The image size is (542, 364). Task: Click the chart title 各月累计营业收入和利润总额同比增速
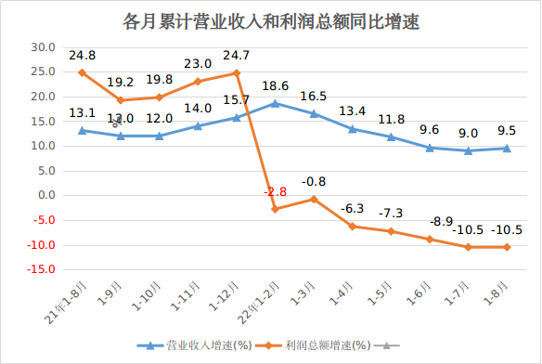(271, 21)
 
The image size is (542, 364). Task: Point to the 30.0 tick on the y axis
(43, 46)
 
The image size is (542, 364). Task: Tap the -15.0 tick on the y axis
(41, 270)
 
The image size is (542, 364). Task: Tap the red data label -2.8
(276, 191)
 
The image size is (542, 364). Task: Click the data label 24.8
(82, 55)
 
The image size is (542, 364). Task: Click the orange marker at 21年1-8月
(82, 72)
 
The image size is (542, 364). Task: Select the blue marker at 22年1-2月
(275, 103)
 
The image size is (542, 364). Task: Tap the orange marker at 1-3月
(314, 199)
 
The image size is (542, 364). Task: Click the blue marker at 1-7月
(468, 150)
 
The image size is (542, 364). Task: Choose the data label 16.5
(314, 96)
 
